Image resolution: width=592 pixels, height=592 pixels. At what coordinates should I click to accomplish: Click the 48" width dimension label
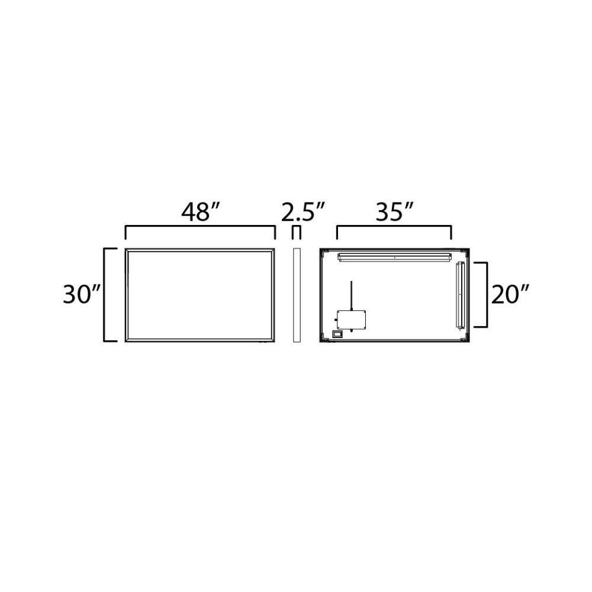[x=200, y=212]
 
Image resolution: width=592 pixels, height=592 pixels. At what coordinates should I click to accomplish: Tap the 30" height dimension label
[x=82, y=294]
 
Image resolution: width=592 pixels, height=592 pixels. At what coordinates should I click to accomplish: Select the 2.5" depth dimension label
[x=303, y=212]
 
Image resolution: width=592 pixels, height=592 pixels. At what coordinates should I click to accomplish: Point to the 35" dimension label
[x=394, y=212]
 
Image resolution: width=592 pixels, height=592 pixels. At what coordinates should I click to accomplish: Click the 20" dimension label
[x=510, y=294]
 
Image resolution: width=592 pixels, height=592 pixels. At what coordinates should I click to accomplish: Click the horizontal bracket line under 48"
[x=200, y=227]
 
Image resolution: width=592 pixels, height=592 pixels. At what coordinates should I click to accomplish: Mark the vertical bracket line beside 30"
[x=105, y=295]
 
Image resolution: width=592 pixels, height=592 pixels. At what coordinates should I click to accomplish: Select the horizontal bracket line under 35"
[x=394, y=227]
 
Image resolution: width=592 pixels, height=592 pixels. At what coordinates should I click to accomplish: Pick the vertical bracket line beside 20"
[x=487, y=294]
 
